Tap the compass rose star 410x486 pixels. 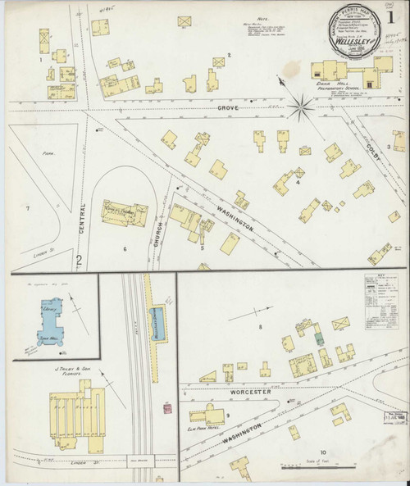[x=301, y=104]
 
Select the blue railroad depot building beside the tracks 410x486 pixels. [x=157, y=319]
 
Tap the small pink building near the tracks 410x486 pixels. [x=167, y=407]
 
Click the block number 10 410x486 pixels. [x=324, y=452]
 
